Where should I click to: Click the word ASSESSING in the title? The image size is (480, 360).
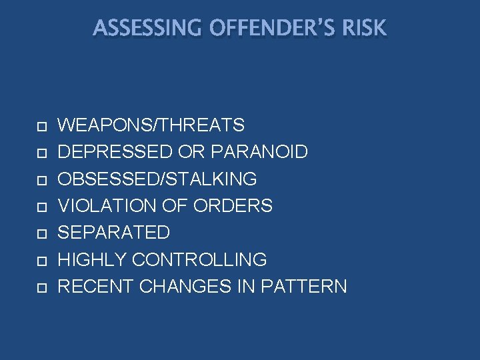139,28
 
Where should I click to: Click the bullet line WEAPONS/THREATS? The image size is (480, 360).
151,125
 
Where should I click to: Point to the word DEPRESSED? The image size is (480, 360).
115,152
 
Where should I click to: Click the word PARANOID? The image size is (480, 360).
259,152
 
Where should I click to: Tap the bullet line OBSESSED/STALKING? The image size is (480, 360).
157,179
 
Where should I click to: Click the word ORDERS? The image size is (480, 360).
233,206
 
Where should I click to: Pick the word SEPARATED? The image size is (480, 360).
114,233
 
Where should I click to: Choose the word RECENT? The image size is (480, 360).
95,287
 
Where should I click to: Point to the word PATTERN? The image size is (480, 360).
304,287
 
